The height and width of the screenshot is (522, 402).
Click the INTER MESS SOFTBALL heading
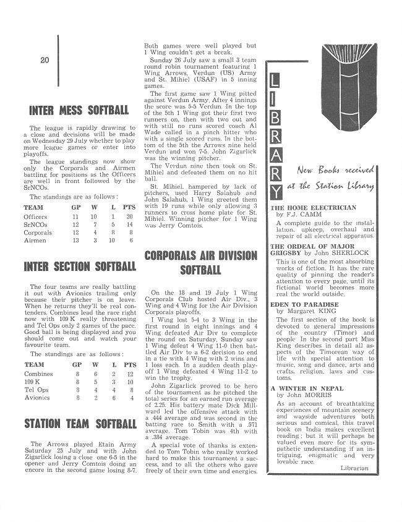point(79,111)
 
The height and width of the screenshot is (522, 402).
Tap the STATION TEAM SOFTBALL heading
point(79,424)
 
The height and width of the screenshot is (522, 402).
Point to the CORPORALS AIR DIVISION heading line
point(201,255)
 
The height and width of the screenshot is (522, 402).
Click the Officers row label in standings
point(35,217)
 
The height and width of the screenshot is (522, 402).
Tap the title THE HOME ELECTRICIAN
point(314,208)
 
